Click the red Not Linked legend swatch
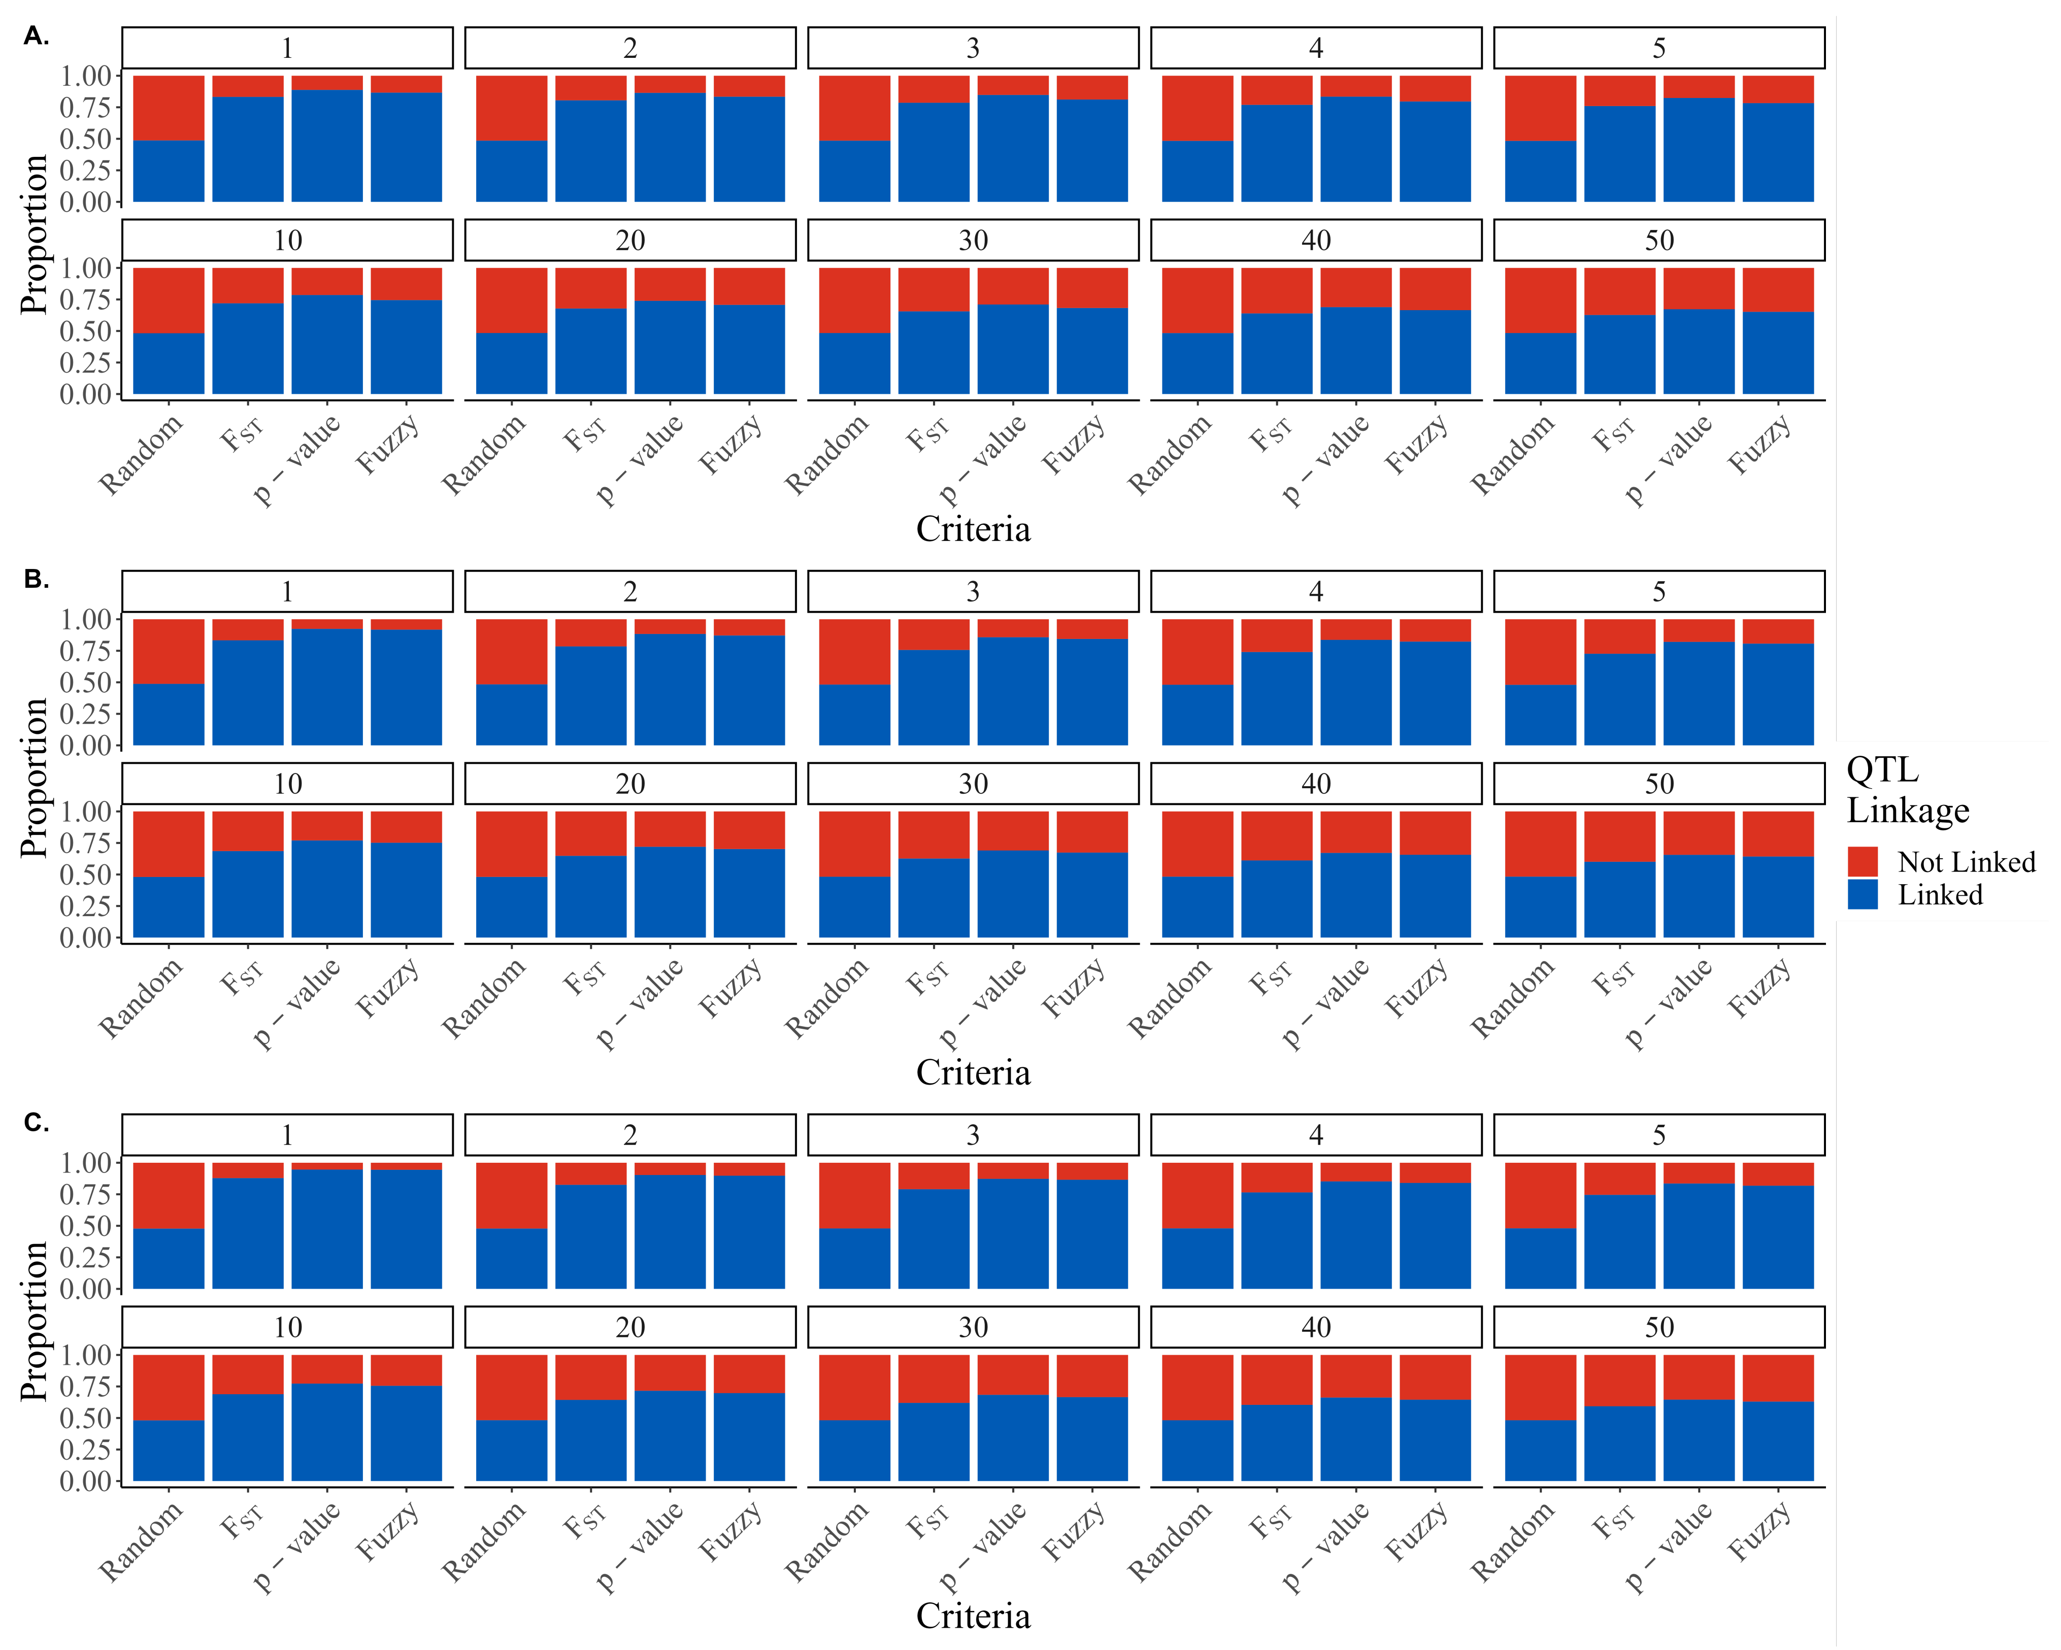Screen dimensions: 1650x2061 (1862, 861)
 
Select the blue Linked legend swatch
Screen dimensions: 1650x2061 (1862, 895)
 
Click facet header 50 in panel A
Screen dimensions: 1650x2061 (1658, 240)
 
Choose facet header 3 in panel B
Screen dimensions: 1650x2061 (972, 592)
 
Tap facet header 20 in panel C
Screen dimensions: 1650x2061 (630, 1327)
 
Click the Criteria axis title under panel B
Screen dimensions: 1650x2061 (972, 1072)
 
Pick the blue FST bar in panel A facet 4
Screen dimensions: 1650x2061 (1276, 153)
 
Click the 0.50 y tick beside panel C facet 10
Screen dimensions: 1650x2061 (86, 1418)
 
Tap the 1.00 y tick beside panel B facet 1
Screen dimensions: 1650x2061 (86, 620)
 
